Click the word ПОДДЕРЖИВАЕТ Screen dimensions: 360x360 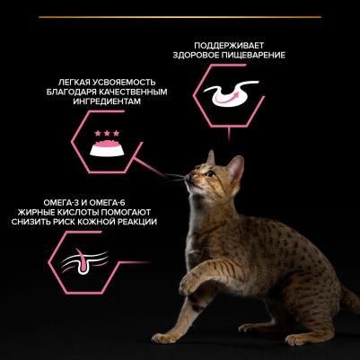[x=229, y=46]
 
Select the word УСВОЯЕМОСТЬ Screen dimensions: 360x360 [x=126, y=82]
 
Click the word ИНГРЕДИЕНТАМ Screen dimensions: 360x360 [x=107, y=101]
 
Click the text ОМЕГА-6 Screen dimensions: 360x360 [x=106, y=203]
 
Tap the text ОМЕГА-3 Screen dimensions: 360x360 [x=62, y=203]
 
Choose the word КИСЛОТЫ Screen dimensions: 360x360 [x=75, y=212]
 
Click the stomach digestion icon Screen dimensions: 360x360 [x=230, y=93]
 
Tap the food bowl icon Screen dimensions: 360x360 [x=107, y=147]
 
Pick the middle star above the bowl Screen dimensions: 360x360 [x=107, y=133]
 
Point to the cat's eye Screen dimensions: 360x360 [x=211, y=174]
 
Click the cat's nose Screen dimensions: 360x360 [x=187, y=178]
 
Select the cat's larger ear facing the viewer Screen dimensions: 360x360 [x=235, y=168]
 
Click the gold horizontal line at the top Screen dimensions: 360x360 [x=180, y=17]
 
